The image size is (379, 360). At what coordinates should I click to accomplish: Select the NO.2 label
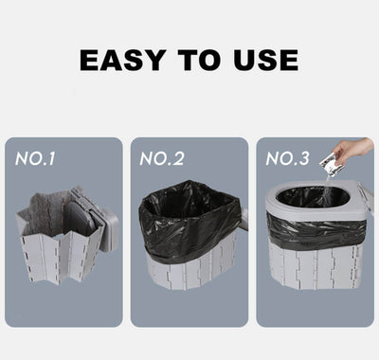tap(161, 157)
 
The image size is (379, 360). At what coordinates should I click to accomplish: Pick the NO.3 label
tap(289, 157)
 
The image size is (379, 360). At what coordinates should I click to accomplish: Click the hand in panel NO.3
tap(355, 151)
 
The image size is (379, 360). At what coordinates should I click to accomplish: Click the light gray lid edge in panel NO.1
tap(111, 223)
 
